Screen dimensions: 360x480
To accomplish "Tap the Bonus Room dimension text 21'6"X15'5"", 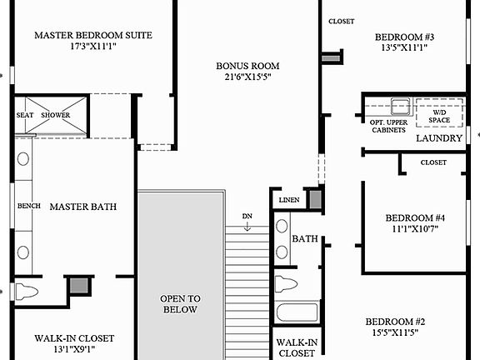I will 247,77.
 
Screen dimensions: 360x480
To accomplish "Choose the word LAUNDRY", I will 438,138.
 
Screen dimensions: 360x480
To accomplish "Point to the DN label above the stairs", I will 247,217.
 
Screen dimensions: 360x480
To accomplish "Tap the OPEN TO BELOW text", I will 180,303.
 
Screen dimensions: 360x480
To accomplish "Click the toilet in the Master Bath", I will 28,292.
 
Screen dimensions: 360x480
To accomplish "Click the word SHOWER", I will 56,115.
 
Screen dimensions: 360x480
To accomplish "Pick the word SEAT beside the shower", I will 25,115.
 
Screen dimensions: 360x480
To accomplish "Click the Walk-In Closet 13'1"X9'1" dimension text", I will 74,350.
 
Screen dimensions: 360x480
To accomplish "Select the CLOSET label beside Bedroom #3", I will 341,22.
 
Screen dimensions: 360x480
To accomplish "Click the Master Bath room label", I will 82,206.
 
